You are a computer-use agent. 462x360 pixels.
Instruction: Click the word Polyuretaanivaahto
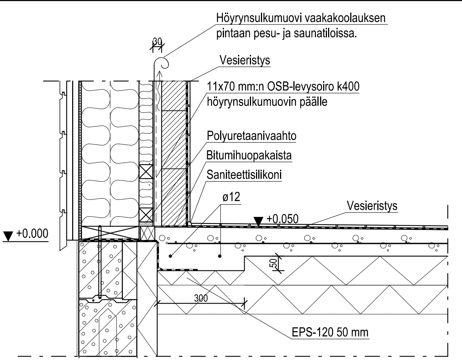click(x=251, y=136)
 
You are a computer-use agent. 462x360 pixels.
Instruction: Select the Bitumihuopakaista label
click(x=249, y=155)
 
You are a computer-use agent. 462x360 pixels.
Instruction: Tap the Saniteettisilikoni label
click(x=244, y=175)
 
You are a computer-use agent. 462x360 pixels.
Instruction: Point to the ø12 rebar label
click(x=231, y=197)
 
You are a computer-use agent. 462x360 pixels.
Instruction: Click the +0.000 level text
click(x=32, y=233)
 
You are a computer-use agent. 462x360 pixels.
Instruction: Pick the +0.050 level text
click(x=282, y=219)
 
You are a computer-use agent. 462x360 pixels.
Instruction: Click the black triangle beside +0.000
click(x=8, y=236)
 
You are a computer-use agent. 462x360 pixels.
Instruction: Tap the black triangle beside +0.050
click(x=258, y=222)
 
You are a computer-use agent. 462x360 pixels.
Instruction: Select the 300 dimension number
click(x=201, y=298)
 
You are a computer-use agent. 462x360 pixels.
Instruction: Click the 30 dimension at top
click(x=157, y=42)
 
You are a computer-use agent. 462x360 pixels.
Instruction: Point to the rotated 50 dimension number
click(x=274, y=263)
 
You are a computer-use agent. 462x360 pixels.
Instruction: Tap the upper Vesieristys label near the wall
click(x=245, y=60)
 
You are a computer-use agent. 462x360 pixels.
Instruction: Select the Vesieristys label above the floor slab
click(x=372, y=206)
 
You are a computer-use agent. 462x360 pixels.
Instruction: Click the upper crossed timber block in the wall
click(x=146, y=171)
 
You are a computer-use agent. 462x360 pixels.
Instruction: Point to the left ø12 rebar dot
click(x=170, y=256)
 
